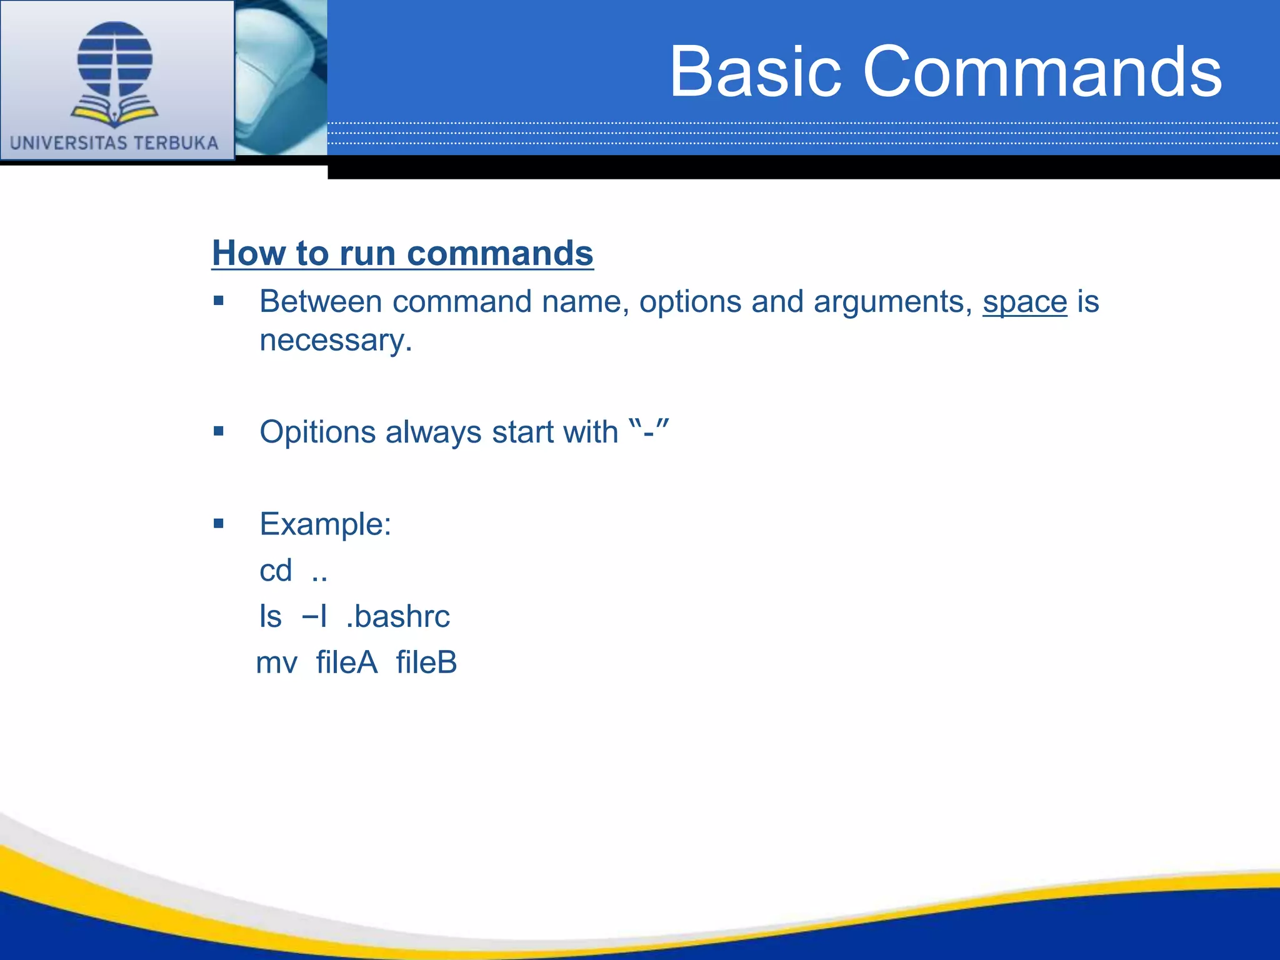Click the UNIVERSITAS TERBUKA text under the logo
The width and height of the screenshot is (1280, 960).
[114, 143]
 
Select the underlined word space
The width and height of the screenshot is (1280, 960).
[1024, 302]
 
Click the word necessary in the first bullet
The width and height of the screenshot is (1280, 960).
[336, 341]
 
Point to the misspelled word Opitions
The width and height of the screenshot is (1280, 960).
[317, 432]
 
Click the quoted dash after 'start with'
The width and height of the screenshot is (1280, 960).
[649, 432]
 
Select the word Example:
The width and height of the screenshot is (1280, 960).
[325, 524]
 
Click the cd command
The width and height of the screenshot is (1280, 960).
[276, 571]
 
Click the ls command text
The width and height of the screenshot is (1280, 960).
[271, 617]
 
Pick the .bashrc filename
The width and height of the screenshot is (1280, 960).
[397, 617]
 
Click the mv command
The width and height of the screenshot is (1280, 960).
[277, 663]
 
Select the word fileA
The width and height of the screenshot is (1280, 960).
[347, 662]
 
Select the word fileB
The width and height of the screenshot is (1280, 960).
[426, 662]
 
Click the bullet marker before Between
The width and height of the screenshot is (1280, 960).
[218, 301]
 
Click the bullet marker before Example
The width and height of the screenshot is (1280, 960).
[218, 524]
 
